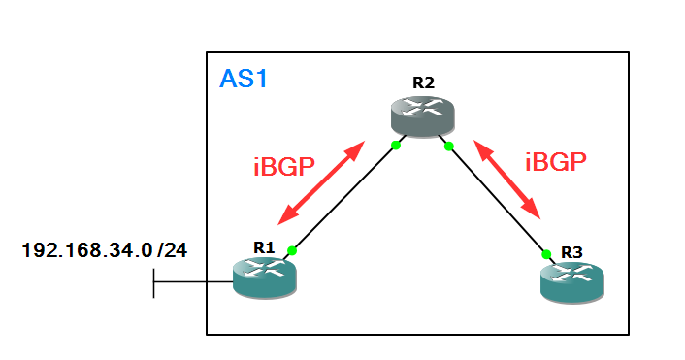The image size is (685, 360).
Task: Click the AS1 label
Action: click(x=244, y=79)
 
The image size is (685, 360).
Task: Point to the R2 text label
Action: click(x=423, y=82)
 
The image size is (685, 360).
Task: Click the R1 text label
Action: click(x=264, y=246)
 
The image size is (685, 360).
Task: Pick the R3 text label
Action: click(x=572, y=252)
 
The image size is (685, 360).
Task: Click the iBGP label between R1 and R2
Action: click(x=283, y=166)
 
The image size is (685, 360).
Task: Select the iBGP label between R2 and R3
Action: click(x=557, y=162)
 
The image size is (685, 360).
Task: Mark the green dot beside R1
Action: click(x=292, y=251)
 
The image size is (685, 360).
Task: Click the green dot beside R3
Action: click(x=546, y=254)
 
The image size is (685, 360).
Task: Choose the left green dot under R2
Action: click(x=396, y=146)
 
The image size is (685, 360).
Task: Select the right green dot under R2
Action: click(x=448, y=147)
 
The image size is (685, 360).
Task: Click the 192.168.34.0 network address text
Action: click(x=86, y=250)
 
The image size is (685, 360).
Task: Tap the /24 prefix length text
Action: click(x=172, y=250)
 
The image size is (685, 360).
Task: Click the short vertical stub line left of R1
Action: click(x=154, y=282)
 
